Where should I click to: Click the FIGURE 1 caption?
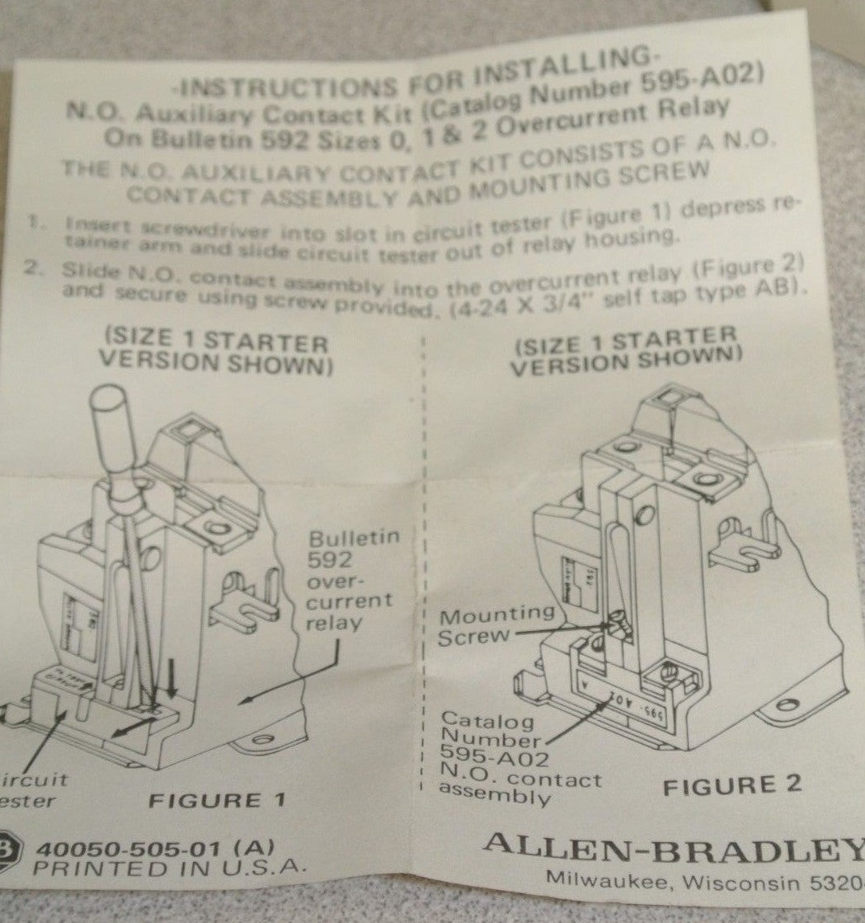(217, 800)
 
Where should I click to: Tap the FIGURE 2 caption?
(732, 784)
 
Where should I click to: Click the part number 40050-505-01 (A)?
(155, 847)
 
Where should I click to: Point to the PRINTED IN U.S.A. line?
(170, 868)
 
